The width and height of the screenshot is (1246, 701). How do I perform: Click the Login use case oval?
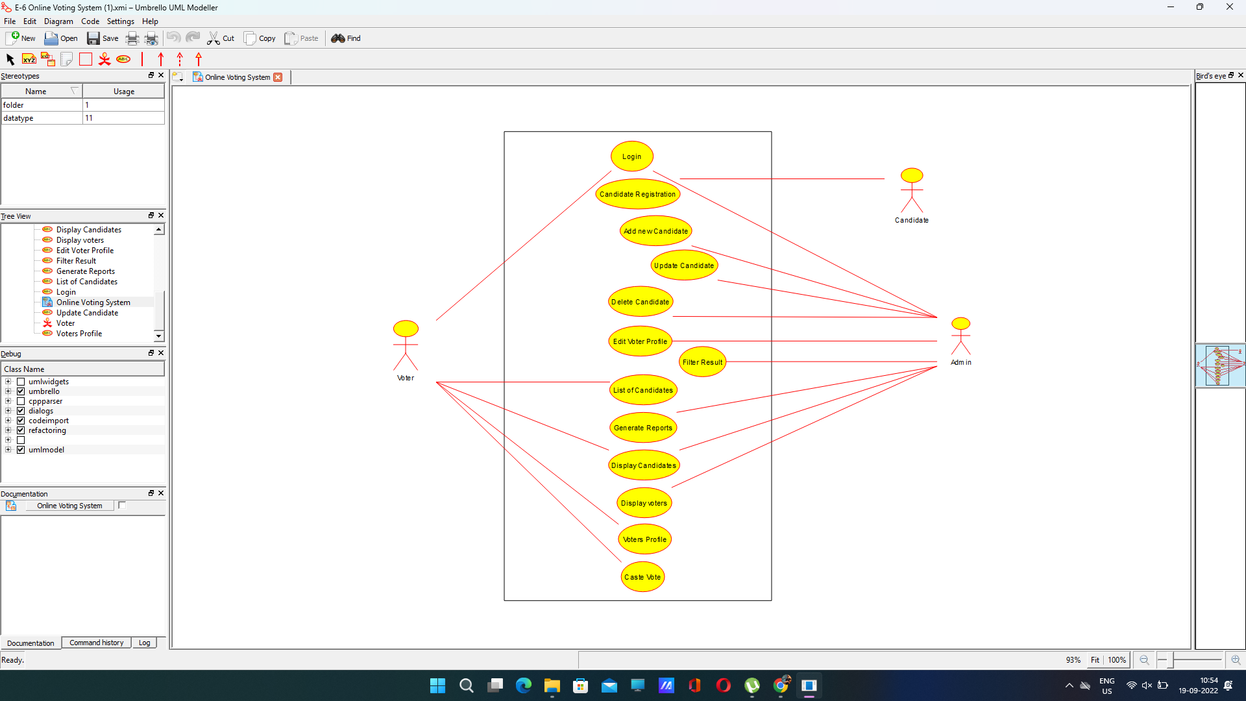point(631,156)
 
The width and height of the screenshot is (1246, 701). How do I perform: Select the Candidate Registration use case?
point(637,194)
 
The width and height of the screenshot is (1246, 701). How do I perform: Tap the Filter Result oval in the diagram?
point(702,362)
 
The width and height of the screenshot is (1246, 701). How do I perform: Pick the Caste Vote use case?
point(642,577)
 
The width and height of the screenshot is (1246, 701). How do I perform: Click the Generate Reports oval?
point(643,428)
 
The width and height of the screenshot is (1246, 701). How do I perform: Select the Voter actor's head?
point(406,328)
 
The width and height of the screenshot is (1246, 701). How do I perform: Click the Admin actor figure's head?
point(960,323)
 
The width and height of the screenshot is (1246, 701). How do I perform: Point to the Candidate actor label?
point(912,221)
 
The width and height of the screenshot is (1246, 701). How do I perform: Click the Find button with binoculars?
point(346,38)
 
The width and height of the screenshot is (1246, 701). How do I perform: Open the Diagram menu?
point(58,21)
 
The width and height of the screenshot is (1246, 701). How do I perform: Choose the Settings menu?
point(120,21)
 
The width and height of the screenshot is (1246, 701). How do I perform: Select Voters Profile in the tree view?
point(79,334)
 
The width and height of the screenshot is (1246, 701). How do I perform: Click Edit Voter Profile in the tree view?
point(85,251)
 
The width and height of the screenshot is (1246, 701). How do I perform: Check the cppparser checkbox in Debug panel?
point(21,401)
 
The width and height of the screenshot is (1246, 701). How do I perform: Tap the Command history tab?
point(96,643)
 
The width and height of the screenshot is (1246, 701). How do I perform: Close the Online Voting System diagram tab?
point(278,77)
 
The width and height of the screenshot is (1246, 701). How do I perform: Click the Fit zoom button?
point(1095,660)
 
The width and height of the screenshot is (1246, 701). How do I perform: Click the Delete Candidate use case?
point(641,302)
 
